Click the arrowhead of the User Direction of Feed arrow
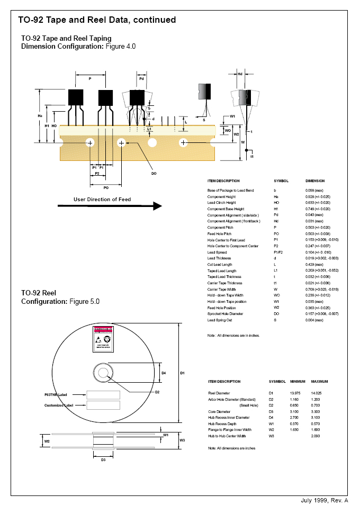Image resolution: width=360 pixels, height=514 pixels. tap(157, 206)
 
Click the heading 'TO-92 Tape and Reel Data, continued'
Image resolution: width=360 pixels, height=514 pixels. tap(97, 20)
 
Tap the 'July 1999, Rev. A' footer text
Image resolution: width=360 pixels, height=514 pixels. tap(325, 500)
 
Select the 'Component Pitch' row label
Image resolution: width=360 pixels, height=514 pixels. tap(220, 228)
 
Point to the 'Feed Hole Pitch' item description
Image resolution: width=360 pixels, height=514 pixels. tap(219, 234)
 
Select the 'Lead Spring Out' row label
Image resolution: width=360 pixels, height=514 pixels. tap(220, 320)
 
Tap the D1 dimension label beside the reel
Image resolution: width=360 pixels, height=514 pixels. tap(182, 373)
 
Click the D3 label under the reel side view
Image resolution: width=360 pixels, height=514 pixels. tap(103, 459)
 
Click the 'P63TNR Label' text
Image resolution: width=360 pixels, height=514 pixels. tap(58, 394)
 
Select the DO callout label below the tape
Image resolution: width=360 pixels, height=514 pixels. tap(154, 173)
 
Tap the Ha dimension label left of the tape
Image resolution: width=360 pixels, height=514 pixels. tap(40, 115)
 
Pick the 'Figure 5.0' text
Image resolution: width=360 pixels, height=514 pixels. tap(85, 301)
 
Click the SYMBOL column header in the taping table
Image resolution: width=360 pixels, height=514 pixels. tap(281, 181)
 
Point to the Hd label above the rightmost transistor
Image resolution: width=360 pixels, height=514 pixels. tap(240, 74)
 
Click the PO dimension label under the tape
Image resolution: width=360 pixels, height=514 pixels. tap(106, 187)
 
